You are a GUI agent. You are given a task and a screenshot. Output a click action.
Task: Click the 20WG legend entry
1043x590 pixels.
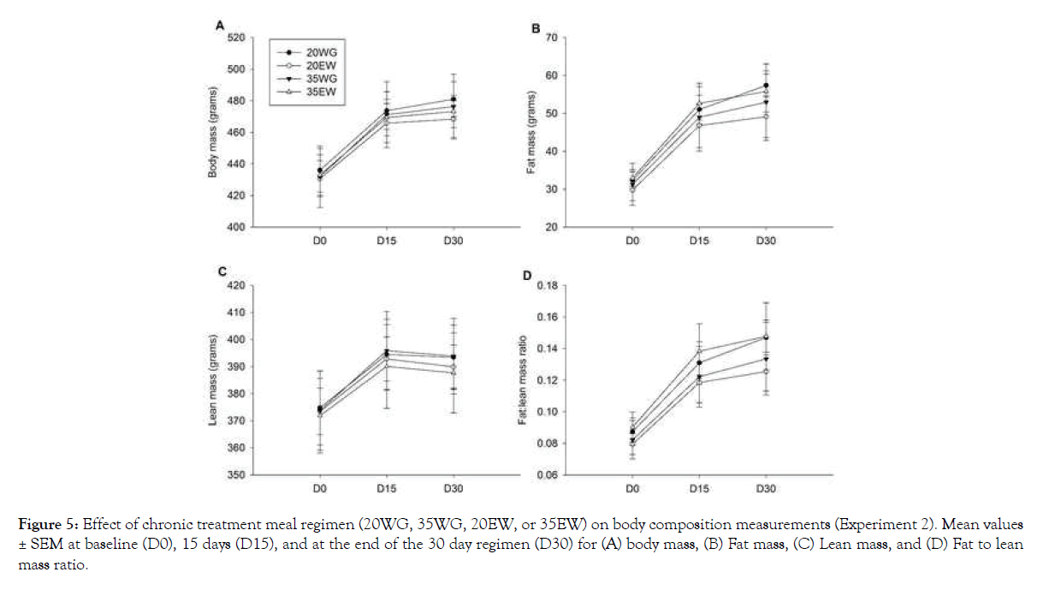(308, 51)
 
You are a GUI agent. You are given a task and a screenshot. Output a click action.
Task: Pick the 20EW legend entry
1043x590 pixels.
(308, 67)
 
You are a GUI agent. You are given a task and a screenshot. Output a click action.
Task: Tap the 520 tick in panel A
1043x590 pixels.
(236, 38)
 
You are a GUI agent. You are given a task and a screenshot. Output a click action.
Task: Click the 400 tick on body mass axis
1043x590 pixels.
(236, 228)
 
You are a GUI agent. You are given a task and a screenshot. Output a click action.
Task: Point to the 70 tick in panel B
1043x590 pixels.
(551, 38)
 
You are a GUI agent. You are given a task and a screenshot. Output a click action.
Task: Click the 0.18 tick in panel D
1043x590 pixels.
(546, 285)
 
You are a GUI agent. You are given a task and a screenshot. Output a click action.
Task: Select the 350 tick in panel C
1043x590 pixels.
(236, 475)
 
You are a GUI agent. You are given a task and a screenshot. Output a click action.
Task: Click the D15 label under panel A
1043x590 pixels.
(387, 241)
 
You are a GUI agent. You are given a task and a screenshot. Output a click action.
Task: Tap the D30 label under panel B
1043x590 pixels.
(766, 241)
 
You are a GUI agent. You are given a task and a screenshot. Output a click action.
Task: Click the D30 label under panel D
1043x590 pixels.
(766, 489)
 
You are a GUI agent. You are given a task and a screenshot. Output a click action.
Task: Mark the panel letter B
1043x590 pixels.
(536, 29)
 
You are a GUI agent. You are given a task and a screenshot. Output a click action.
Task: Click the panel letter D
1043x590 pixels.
(528, 276)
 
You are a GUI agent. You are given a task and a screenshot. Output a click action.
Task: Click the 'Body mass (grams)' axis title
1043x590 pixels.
(213, 133)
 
